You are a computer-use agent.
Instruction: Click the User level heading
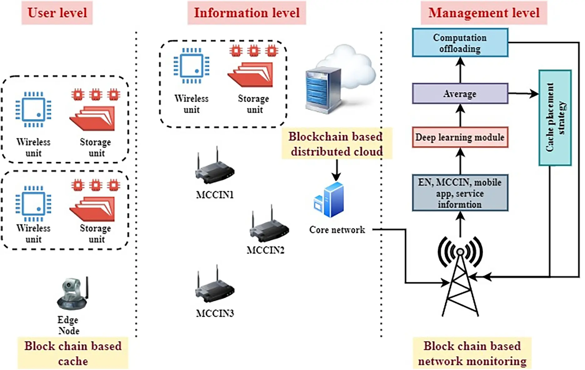click(x=57, y=13)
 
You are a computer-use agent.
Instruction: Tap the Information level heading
click(x=247, y=13)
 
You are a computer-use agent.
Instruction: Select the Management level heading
click(x=484, y=13)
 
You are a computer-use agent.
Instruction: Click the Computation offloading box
click(x=460, y=43)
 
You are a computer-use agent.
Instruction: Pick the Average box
click(x=460, y=93)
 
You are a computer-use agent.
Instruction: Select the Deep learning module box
click(x=460, y=137)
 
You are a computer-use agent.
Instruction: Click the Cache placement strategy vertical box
click(x=555, y=117)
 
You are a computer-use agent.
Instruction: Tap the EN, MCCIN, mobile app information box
click(x=460, y=193)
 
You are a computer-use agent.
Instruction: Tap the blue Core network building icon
click(x=330, y=200)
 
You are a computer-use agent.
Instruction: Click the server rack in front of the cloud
click(x=323, y=91)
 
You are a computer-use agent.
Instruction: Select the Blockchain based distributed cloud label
click(x=336, y=144)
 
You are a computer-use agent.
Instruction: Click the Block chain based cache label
click(x=73, y=353)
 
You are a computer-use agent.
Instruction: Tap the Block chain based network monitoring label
click(x=472, y=353)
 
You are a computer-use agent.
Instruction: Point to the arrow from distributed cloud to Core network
click(x=337, y=170)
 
